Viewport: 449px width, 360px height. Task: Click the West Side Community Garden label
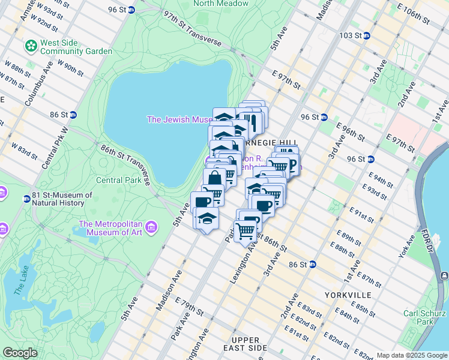click(x=76, y=47)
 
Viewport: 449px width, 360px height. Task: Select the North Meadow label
click(x=221, y=4)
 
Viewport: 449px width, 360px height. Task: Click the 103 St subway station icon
click(x=366, y=36)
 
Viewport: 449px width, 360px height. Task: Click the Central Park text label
click(x=118, y=179)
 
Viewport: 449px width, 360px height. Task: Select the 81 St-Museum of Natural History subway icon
click(x=27, y=199)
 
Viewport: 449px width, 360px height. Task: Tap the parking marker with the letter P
click(x=292, y=163)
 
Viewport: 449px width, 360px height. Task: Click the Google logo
click(x=20, y=353)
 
